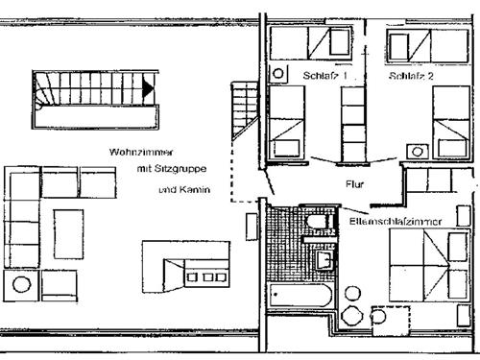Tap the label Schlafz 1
324,75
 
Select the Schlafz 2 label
412,75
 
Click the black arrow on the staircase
147,88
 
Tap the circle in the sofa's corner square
20,285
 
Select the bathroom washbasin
324,257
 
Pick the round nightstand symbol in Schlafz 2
417,151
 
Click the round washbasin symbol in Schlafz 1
278,74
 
